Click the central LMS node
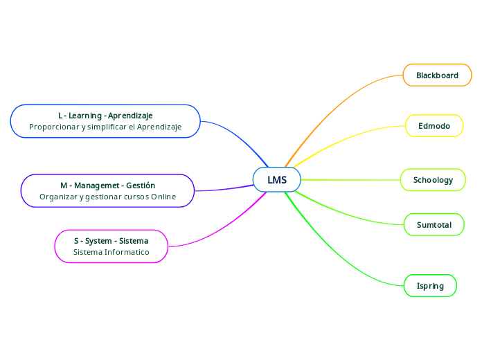click(277, 180)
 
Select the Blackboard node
click(437, 75)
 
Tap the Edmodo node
click(434, 126)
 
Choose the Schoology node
click(433, 180)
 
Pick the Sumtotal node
click(434, 225)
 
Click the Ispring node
click(430, 286)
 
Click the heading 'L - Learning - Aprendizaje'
click(105, 115)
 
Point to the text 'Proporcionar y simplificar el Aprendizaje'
click(105, 127)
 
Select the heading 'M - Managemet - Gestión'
click(107, 186)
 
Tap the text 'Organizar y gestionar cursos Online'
click(107, 197)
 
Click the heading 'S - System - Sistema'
click(111, 241)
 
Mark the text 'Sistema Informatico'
click(111, 253)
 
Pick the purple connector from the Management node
click(222, 189)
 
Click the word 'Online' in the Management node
click(163, 197)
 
